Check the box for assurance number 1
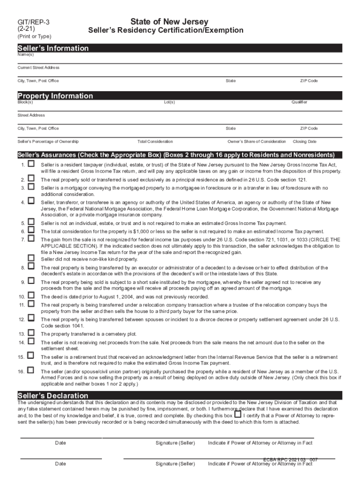point(31,164)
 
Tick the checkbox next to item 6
point(31,230)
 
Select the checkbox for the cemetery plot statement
point(31,333)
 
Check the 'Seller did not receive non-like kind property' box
point(31,258)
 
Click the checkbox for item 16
point(31,370)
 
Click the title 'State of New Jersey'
point(169,22)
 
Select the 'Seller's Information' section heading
point(53,48)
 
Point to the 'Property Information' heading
point(55,96)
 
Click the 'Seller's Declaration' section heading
point(52,396)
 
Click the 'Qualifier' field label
point(299,102)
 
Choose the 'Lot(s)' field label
point(169,102)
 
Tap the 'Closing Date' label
point(304,141)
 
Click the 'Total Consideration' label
point(155,141)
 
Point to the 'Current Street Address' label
point(38,68)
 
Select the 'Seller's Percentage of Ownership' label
point(48,141)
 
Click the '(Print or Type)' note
point(35,36)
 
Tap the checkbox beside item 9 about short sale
point(31,281)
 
